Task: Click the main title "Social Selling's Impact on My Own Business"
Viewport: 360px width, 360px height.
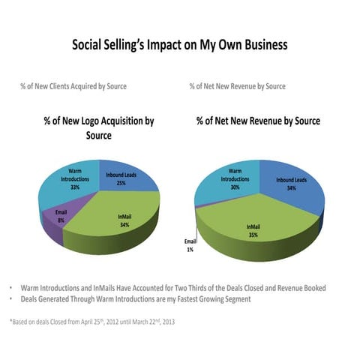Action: [179, 45]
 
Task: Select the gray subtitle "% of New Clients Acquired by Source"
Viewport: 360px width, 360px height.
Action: [73, 86]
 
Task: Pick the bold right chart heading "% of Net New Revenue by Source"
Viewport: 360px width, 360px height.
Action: [258, 121]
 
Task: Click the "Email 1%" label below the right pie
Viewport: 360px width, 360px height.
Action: [191, 245]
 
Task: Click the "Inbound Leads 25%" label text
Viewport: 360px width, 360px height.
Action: [120, 179]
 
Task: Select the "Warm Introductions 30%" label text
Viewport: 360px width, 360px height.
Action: [235, 180]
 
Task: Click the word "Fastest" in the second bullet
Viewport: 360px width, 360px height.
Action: [198, 299]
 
